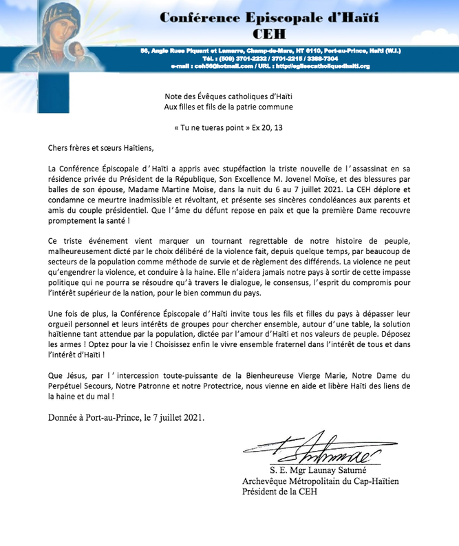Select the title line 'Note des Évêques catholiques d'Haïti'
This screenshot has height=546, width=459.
[229, 97]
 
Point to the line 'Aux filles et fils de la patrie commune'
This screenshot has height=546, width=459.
[229, 107]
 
